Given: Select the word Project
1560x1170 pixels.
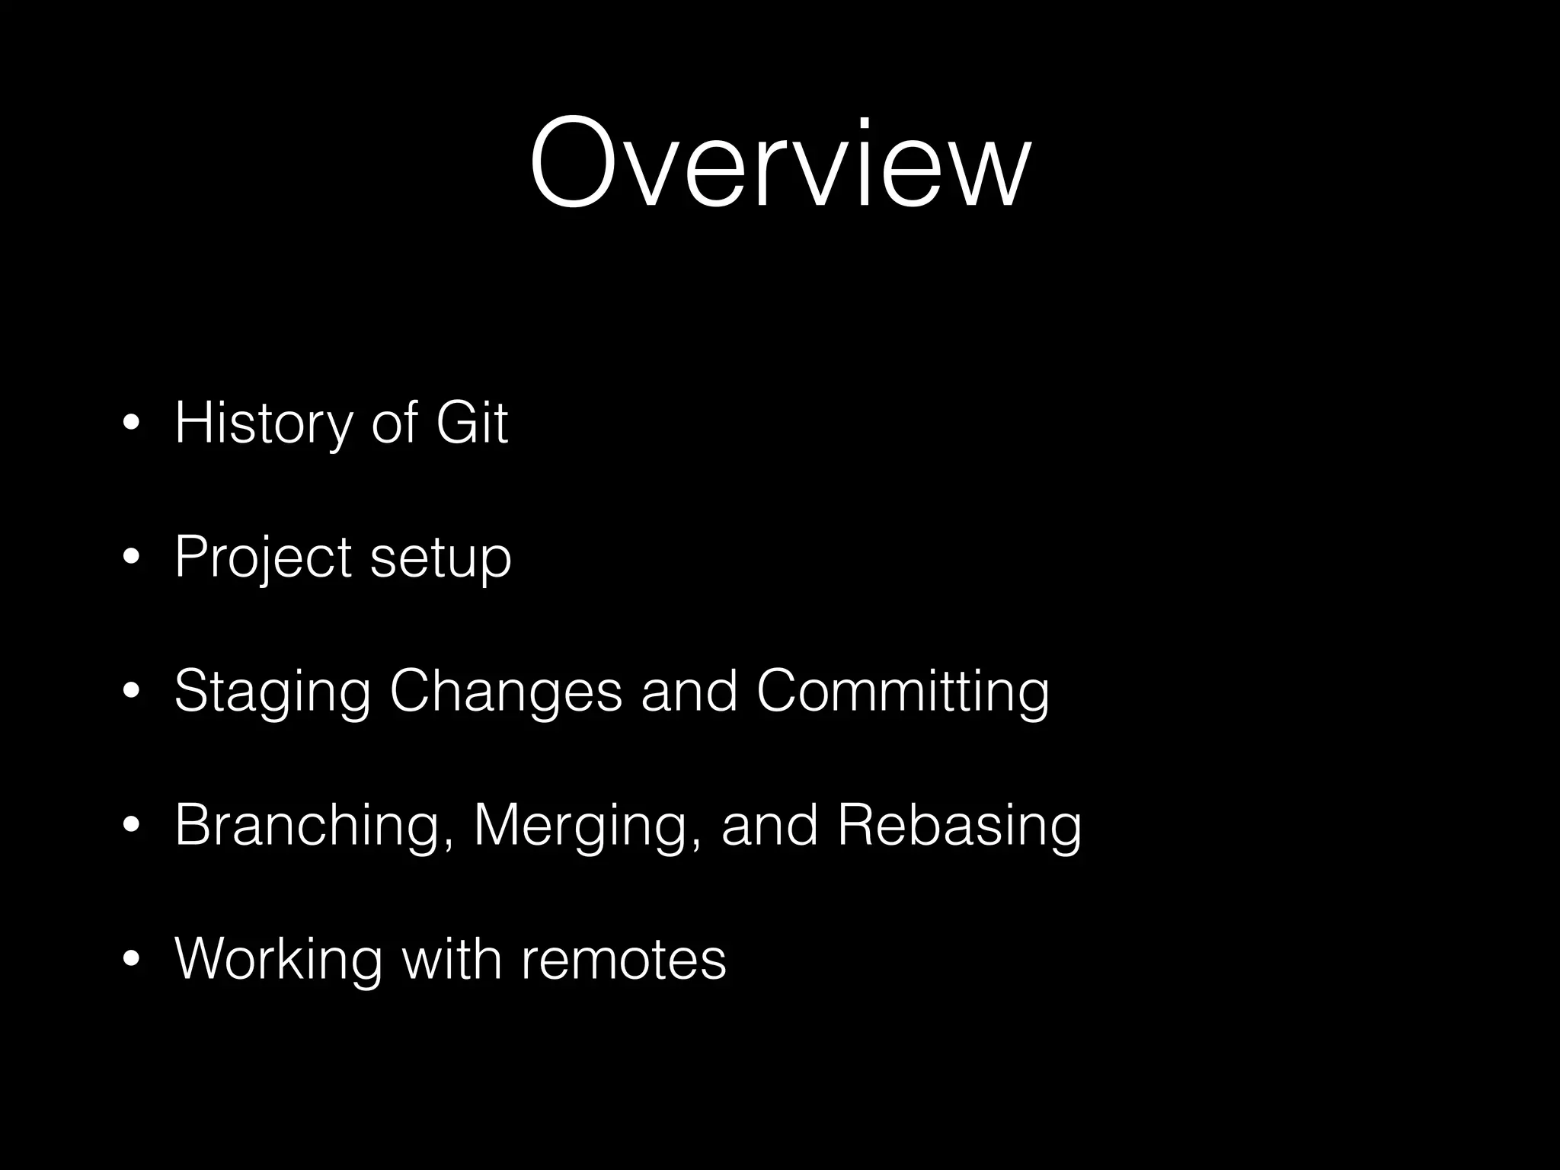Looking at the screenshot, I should click(262, 558).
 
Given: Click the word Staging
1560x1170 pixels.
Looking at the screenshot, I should click(272, 692).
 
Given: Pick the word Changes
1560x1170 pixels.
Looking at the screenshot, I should click(506, 692).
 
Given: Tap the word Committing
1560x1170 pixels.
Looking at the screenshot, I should click(903, 692).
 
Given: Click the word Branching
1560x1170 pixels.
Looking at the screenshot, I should click(308, 826).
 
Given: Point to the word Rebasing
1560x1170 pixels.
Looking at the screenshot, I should click(959, 826).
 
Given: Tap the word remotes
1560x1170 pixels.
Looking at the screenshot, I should click(624, 959).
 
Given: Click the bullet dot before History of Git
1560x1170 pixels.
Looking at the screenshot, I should click(131, 424).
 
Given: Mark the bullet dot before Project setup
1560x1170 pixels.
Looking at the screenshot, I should click(131, 558).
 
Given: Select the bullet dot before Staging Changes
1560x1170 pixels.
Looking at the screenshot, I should click(131, 692).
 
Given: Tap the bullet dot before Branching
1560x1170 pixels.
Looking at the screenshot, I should click(131, 826).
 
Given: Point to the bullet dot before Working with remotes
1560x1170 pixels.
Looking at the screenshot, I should click(131, 959).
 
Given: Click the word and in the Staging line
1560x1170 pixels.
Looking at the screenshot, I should click(689, 690).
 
